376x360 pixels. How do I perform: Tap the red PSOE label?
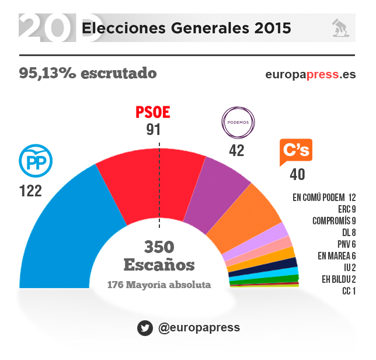(x=153, y=112)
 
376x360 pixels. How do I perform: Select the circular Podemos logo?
(x=238, y=122)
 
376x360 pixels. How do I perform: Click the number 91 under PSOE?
(x=153, y=130)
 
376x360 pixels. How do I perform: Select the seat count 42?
(x=236, y=150)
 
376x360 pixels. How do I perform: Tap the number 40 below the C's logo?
(x=297, y=174)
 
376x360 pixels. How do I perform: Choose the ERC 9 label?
(x=346, y=209)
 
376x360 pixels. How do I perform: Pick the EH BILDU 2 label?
(x=338, y=279)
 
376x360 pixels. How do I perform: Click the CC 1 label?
(x=349, y=290)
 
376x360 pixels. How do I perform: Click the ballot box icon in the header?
(x=340, y=27)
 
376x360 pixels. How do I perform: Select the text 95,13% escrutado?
(x=88, y=74)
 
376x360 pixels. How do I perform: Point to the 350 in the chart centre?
(x=159, y=247)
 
